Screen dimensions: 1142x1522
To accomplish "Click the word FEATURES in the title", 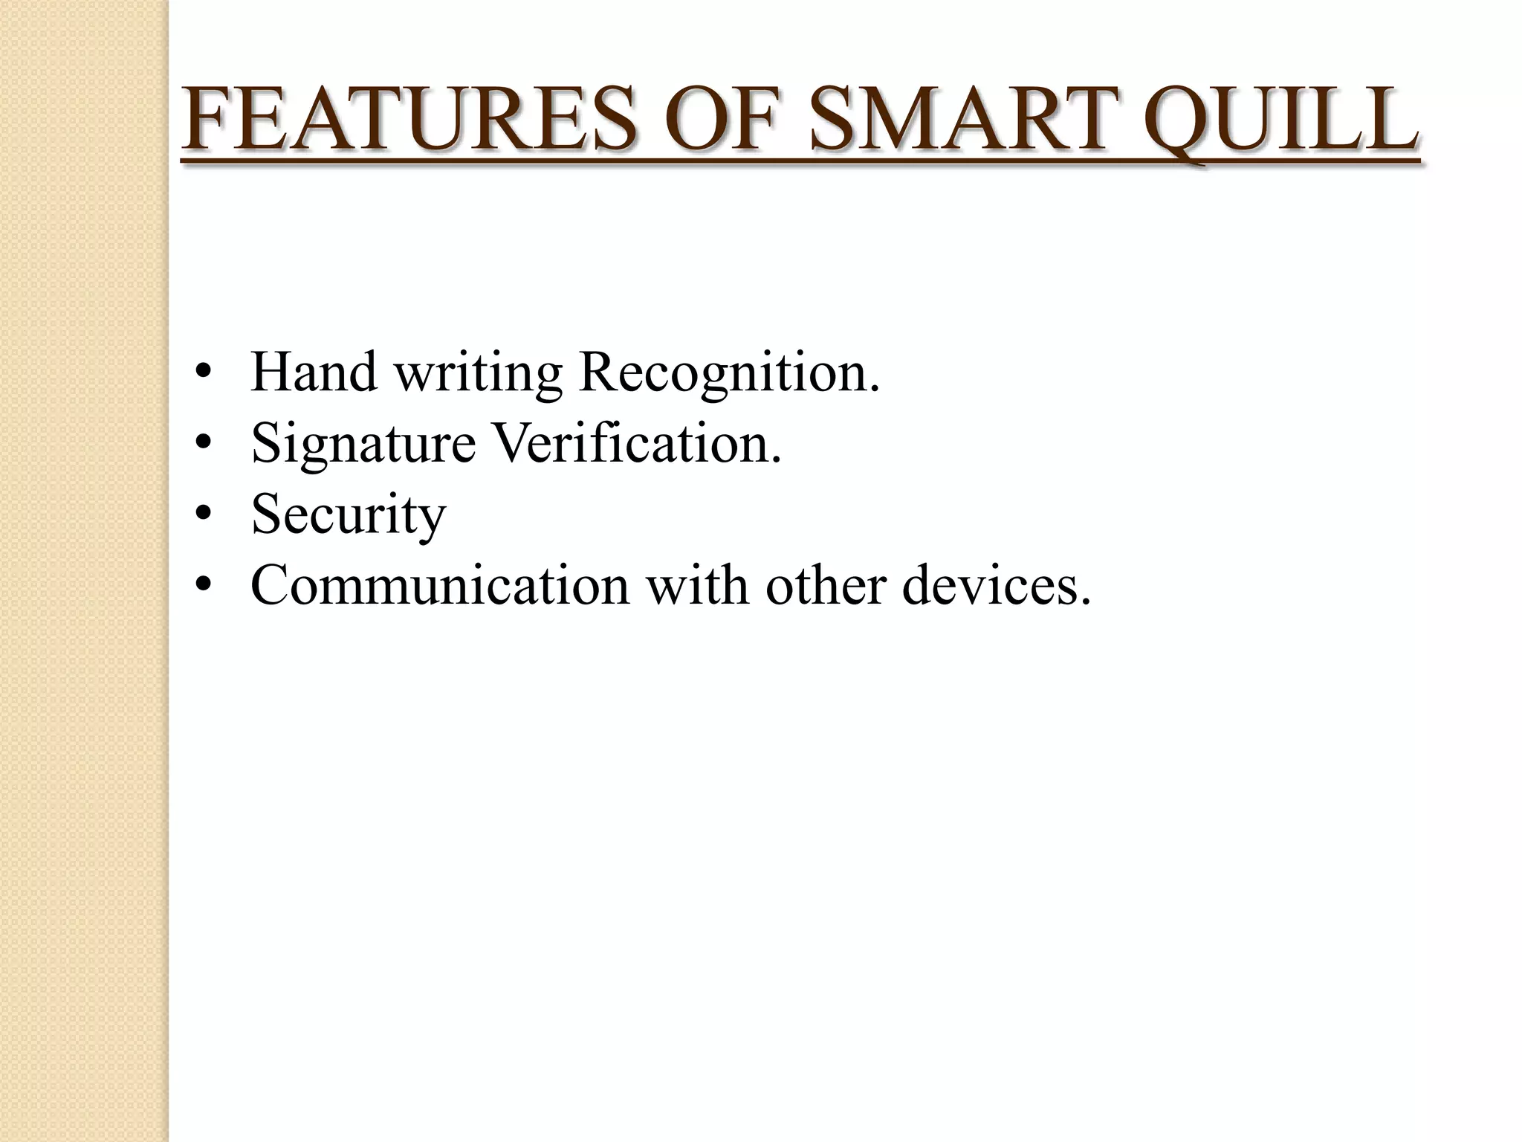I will tap(409, 119).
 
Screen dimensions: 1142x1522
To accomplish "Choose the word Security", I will tap(348, 515).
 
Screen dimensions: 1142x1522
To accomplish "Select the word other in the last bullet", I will tap(826, 585).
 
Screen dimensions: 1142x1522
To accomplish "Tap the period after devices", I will tap(1086, 602).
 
